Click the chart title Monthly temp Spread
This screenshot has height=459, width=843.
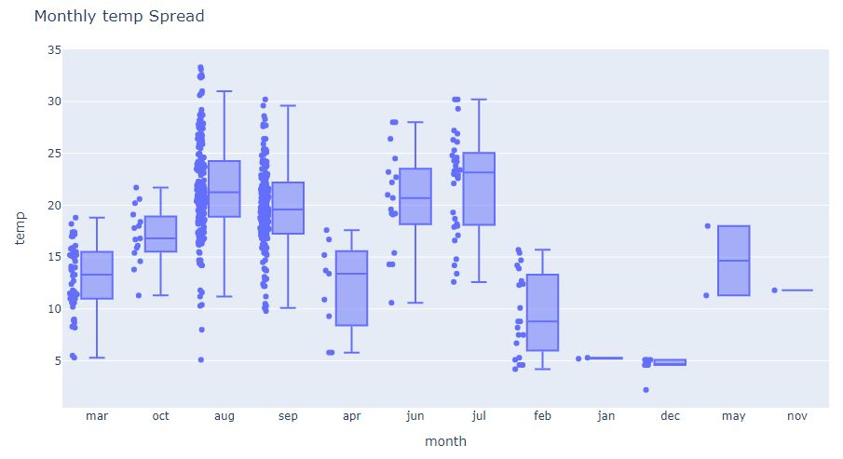[119, 17]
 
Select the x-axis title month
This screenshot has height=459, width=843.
[445, 441]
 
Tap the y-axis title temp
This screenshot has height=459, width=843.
[20, 228]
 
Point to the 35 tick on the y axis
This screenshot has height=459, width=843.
[54, 49]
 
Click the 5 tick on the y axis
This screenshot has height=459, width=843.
[58, 360]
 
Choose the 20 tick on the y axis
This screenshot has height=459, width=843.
[54, 205]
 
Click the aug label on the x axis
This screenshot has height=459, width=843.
[224, 416]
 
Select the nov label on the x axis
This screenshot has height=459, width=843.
[797, 416]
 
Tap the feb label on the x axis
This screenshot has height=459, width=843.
[543, 416]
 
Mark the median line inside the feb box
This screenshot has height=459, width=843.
[543, 321]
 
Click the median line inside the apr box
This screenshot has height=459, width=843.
[352, 274]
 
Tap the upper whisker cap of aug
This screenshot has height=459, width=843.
[224, 91]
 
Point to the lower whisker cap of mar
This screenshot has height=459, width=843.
[97, 358]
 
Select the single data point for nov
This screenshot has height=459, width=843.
[774, 290]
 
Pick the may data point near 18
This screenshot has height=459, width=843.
[707, 225]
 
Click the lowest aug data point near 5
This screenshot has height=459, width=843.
[200, 359]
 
